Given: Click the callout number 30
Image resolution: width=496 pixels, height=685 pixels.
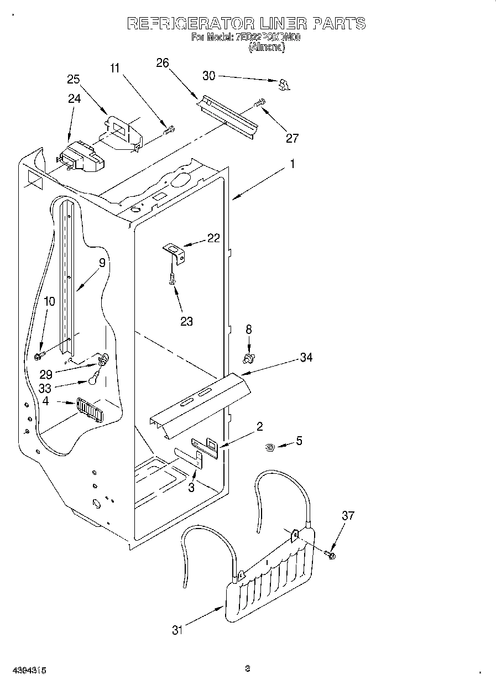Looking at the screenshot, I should click(x=209, y=76).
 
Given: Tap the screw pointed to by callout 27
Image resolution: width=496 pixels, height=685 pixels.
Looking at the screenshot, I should click(x=259, y=102).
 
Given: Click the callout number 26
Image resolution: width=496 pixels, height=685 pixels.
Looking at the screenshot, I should click(x=162, y=63).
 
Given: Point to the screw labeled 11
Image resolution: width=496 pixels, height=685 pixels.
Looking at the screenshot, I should click(x=169, y=130).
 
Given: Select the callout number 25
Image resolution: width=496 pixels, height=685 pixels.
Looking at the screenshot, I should click(x=74, y=79).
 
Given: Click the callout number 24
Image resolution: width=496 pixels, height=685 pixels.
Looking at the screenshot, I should click(x=74, y=98).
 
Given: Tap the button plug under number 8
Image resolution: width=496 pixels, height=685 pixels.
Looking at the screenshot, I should click(x=249, y=359).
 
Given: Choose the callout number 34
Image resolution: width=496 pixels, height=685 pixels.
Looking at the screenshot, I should click(x=306, y=358).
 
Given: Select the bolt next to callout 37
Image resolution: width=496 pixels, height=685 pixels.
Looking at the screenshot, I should click(x=330, y=553).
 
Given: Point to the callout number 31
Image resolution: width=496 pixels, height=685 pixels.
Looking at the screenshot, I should click(x=177, y=629).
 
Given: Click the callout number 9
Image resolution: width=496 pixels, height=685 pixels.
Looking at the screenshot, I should click(x=102, y=264).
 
